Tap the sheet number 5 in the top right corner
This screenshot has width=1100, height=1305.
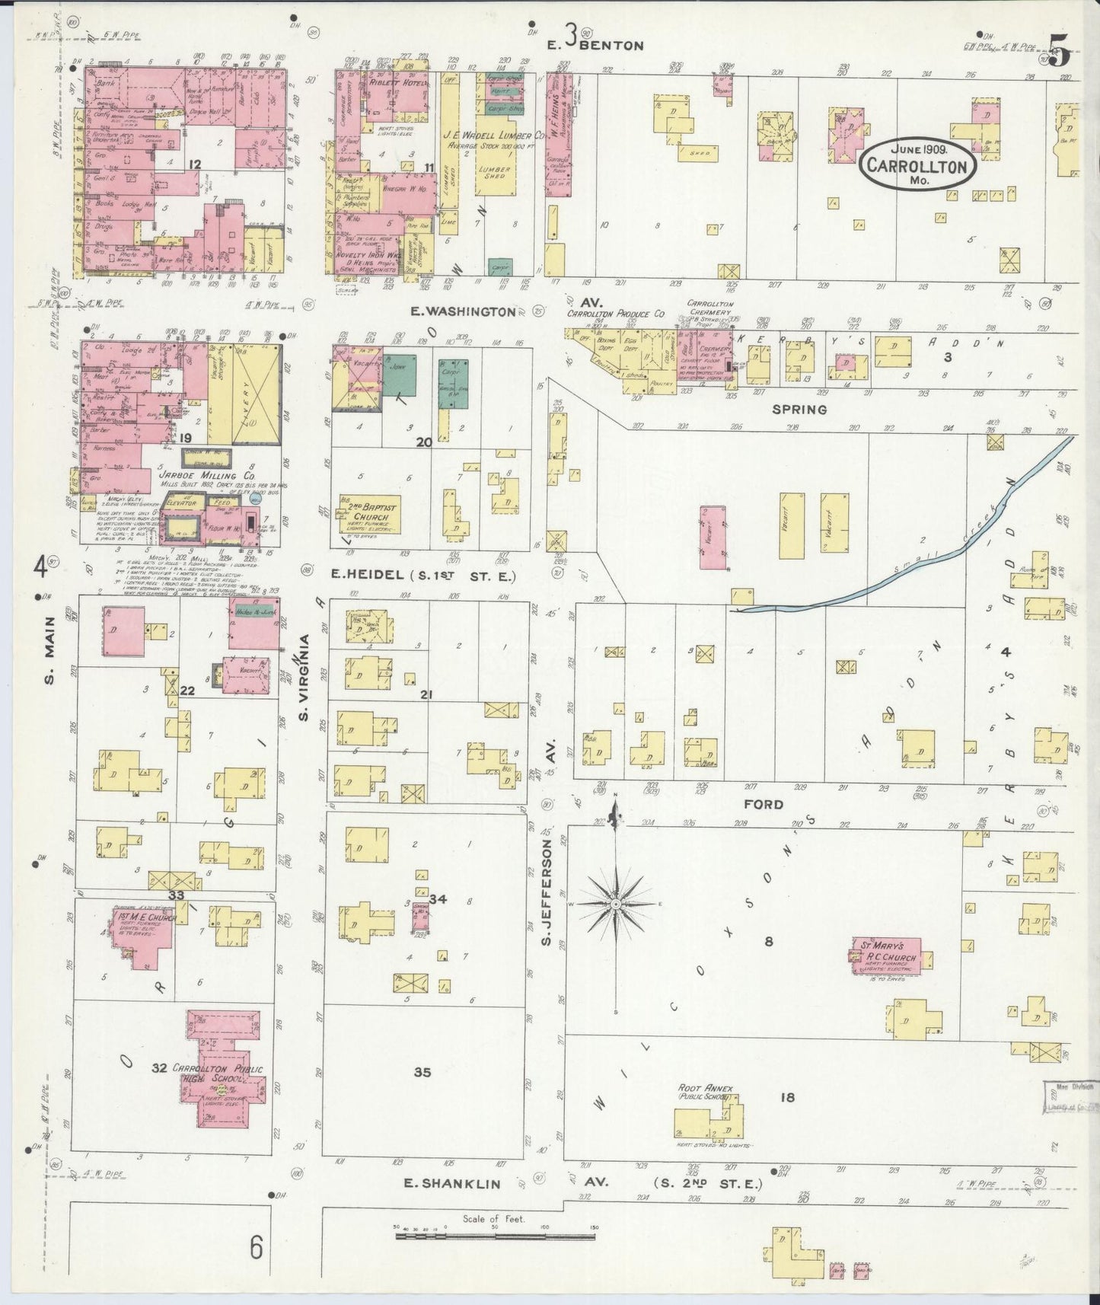1061,56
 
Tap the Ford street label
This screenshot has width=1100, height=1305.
766,804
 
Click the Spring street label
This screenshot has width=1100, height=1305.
799,409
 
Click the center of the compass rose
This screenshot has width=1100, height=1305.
615,904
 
